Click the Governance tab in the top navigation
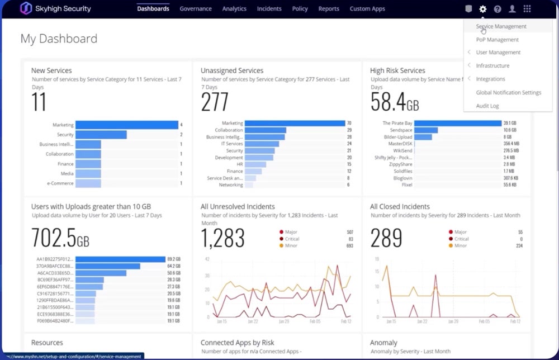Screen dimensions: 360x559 196,9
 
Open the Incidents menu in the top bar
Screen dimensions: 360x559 269,9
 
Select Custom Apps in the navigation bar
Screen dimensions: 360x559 367,9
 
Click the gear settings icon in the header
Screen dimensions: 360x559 483,9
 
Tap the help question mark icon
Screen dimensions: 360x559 498,9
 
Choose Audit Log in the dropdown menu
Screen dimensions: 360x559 487,106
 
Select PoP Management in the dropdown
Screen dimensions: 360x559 498,40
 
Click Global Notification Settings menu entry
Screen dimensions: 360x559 509,92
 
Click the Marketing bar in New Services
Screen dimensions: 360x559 126,125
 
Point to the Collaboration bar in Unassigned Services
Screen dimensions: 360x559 266,130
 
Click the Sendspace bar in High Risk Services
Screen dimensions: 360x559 426,130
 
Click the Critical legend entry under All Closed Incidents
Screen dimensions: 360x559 461,239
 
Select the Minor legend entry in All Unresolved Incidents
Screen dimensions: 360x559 291,246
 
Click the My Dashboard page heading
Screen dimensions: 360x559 59,39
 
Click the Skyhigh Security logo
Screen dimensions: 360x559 55,9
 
